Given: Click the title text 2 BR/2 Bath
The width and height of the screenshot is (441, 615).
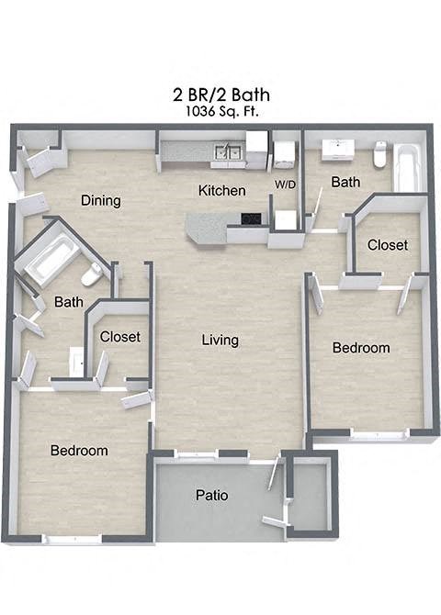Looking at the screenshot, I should (x=220, y=94).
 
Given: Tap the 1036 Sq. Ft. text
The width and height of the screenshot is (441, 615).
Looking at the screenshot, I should (x=220, y=110).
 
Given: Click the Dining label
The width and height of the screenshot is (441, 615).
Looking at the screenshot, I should (x=101, y=201).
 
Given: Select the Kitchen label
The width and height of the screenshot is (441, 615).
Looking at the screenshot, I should (x=222, y=191).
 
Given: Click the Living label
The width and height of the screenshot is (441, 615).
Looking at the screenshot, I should (x=220, y=340).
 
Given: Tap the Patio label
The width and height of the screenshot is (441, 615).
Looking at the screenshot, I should (x=211, y=496).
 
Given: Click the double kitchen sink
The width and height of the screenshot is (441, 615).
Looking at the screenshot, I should (x=226, y=151).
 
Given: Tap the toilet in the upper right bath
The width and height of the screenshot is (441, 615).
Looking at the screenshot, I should (x=380, y=155).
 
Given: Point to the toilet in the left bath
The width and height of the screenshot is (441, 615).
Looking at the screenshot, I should (x=93, y=274).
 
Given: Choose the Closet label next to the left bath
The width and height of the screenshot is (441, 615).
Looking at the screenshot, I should (x=120, y=337).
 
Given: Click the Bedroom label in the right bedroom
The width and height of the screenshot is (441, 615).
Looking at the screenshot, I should (x=361, y=348).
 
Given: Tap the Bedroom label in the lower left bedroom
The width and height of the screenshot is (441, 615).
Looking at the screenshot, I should (x=79, y=451).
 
